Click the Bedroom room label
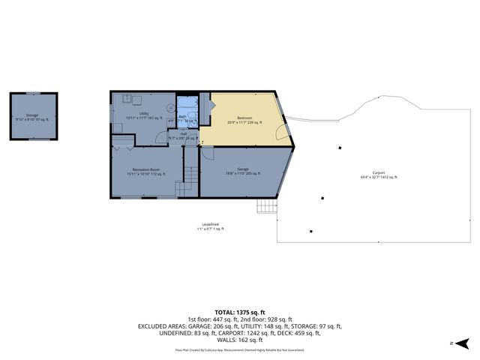click(245, 119)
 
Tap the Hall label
click(184, 136)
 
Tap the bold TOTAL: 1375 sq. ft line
click(240, 310)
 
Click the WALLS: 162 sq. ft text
click(240, 340)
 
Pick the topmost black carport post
click(339, 148)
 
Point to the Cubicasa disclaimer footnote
click(240, 349)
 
